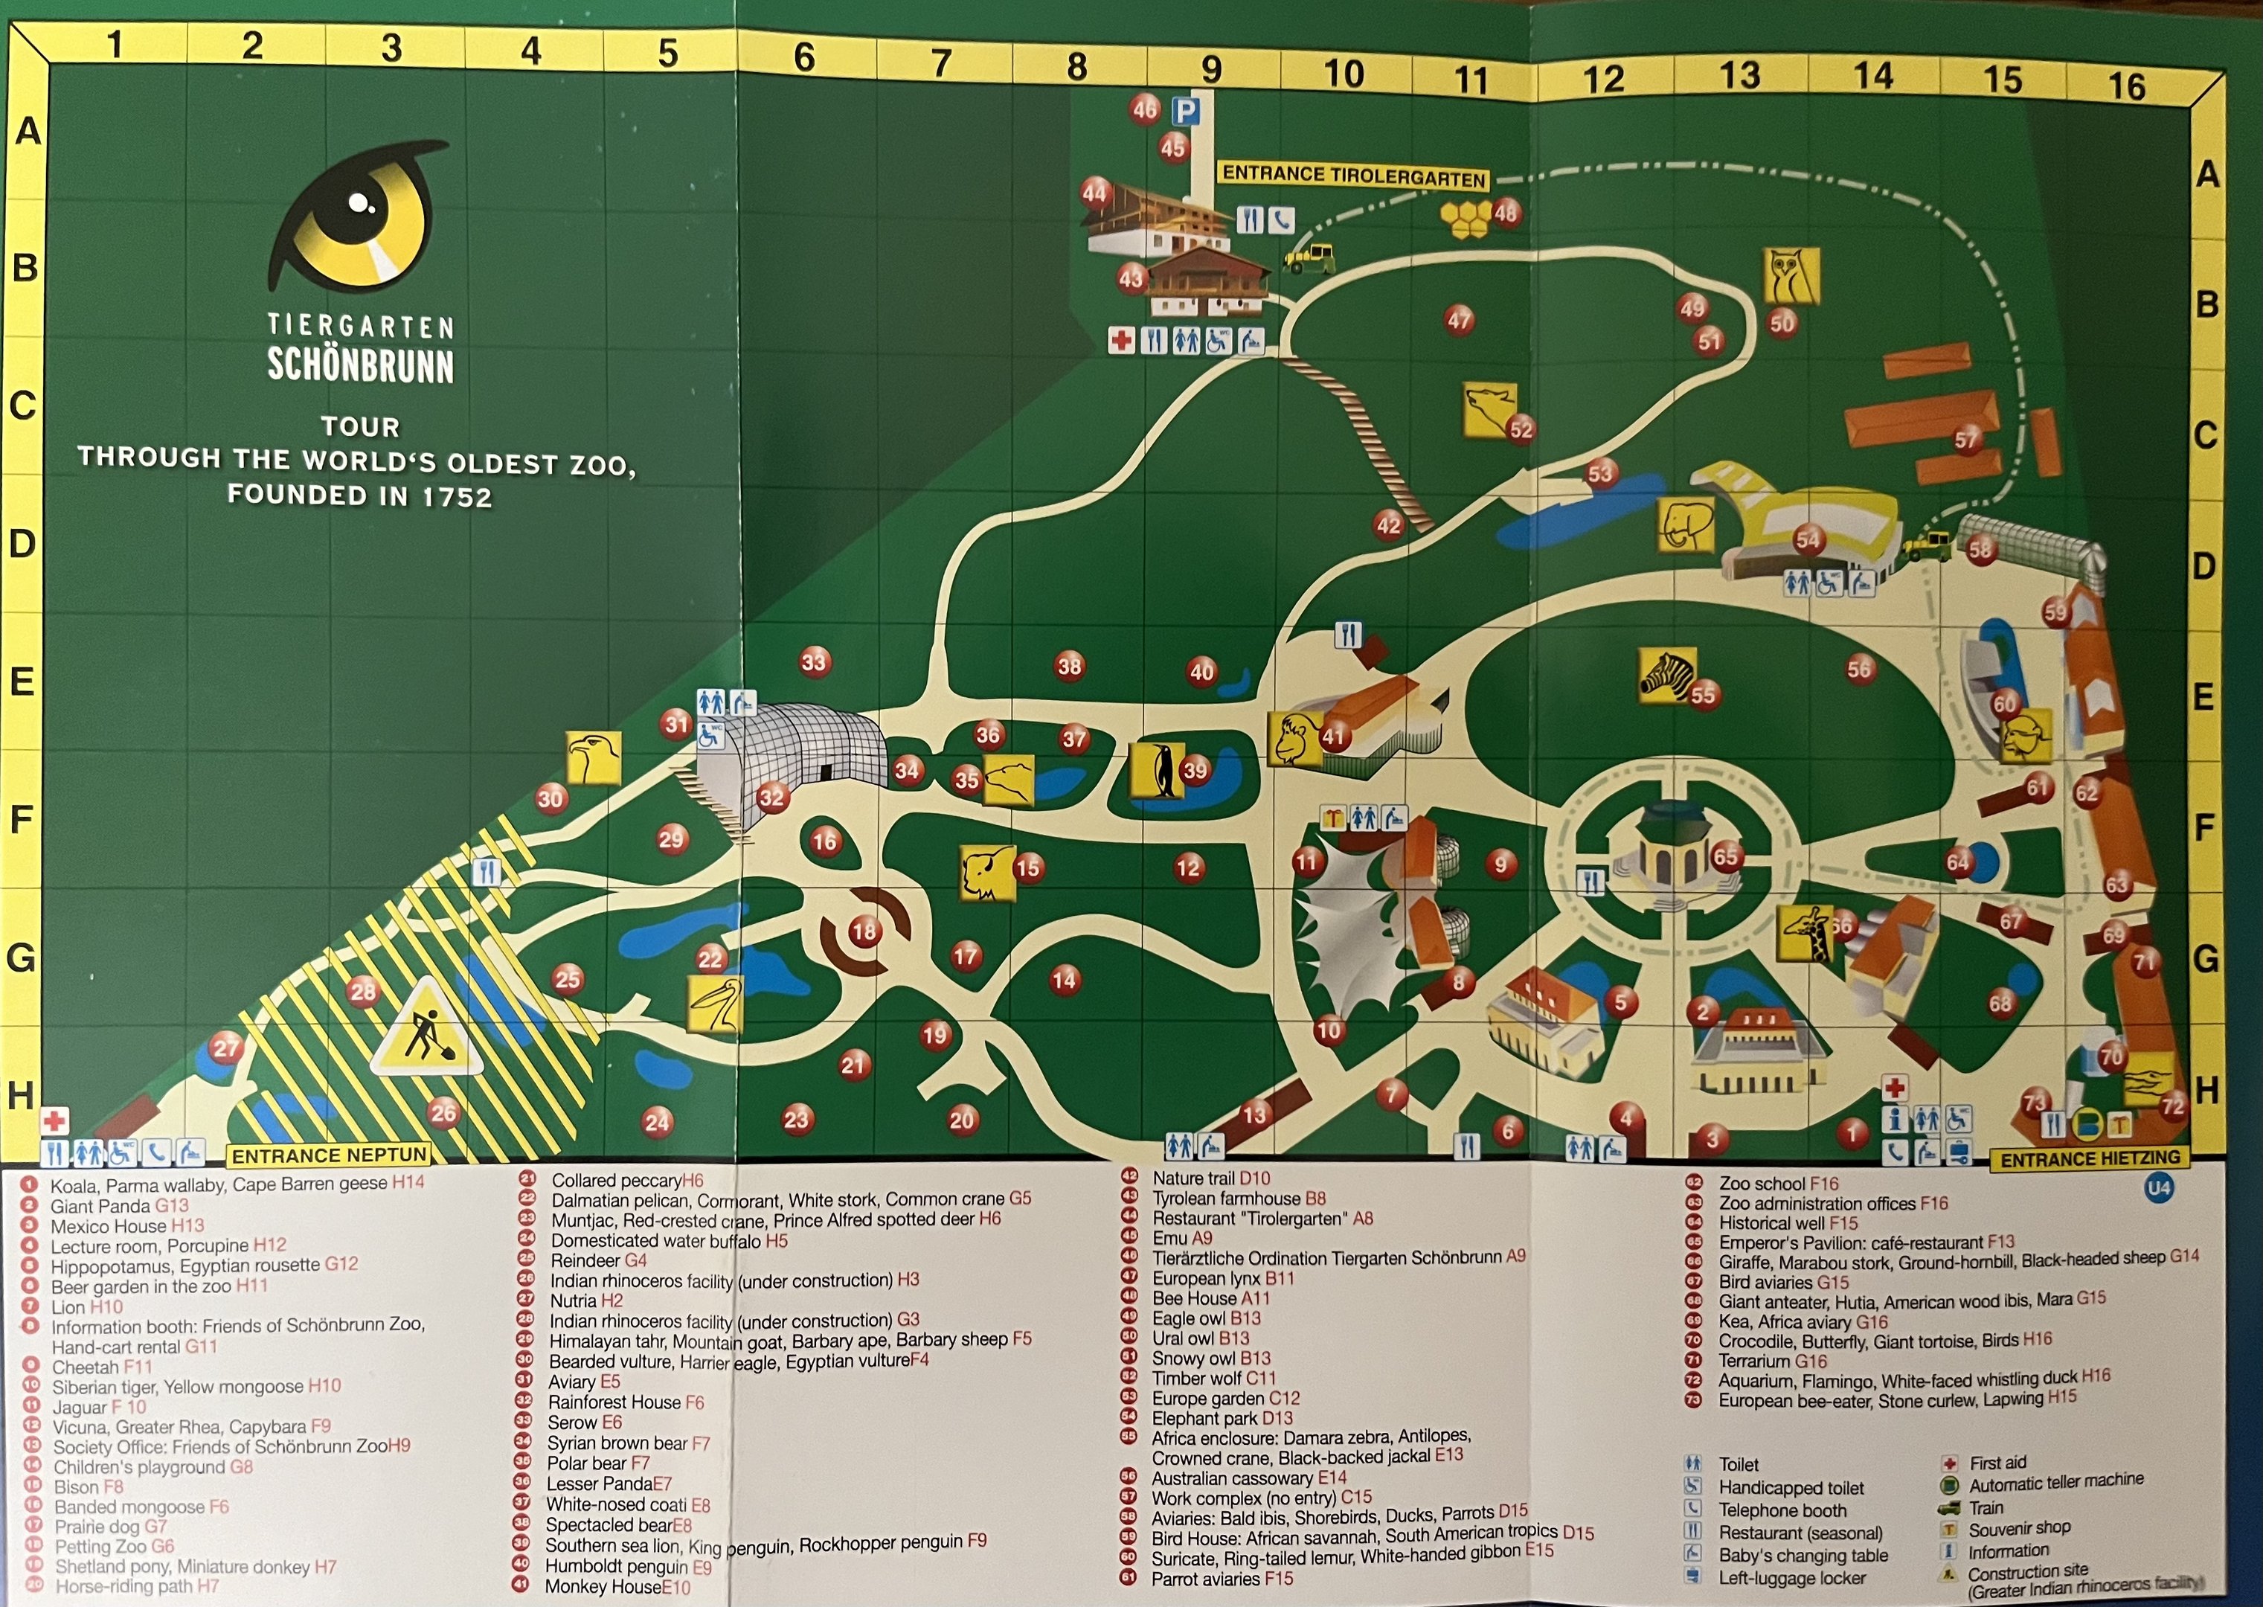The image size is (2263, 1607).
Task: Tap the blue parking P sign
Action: point(1184,111)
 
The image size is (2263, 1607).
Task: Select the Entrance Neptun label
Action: point(329,1155)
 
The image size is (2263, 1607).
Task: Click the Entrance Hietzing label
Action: point(2090,1158)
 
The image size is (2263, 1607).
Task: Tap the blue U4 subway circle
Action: point(2158,1187)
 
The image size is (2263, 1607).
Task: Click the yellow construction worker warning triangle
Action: point(428,1031)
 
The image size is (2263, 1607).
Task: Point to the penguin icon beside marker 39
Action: point(1157,769)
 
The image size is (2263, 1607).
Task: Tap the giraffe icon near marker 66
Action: point(1805,932)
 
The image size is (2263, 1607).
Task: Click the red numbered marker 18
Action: point(864,931)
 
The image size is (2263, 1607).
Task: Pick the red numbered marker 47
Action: point(1459,320)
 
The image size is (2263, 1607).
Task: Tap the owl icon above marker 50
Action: point(1791,275)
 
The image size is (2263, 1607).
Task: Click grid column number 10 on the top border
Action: point(1344,73)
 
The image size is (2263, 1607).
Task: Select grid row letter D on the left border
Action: point(22,543)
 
